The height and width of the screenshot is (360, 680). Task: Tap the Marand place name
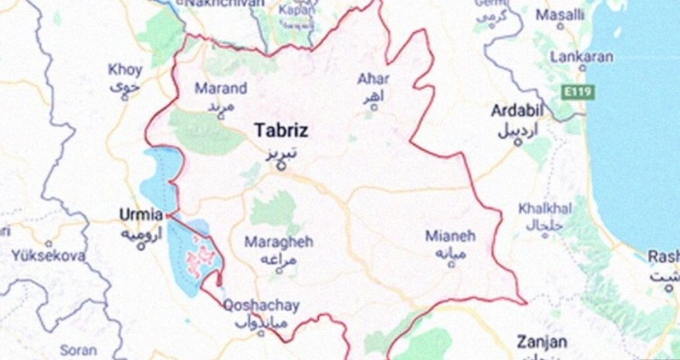click(x=220, y=88)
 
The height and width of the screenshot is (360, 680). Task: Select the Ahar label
click(x=373, y=78)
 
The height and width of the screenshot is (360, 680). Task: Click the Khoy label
click(x=125, y=70)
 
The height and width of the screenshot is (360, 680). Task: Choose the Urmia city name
click(x=141, y=213)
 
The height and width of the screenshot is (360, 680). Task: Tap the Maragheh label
click(x=279, y=241)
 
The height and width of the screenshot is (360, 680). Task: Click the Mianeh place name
click(x=450, y=235)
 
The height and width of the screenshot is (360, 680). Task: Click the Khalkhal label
click(x=545, y=208)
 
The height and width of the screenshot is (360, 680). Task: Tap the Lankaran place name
click(x=581, y=57)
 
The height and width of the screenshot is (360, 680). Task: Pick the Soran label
click(x=78, y=350)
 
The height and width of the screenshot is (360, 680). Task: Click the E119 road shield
click(x=578, y=92)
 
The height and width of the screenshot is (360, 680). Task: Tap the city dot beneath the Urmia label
click(x=141, y=247)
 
